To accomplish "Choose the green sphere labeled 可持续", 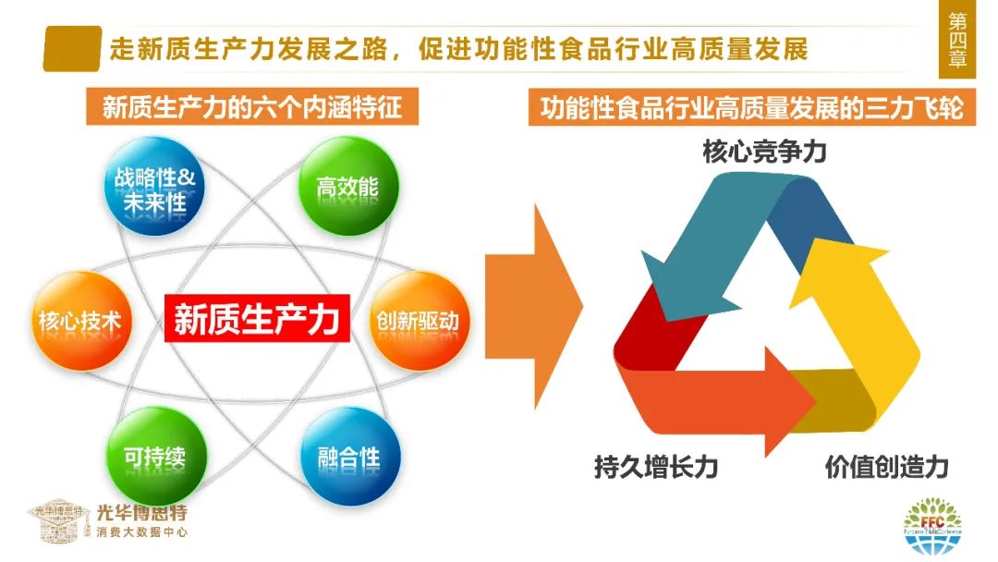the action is coord(154,456).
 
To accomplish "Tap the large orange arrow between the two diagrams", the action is coord(531,305).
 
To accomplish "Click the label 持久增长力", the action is coord(655,467).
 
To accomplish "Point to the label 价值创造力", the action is coord(886,467).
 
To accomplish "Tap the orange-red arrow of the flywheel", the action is coord(730,397).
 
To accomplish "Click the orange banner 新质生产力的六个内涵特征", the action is coord(251,108).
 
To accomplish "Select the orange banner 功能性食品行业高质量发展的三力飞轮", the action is coord(751,108).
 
